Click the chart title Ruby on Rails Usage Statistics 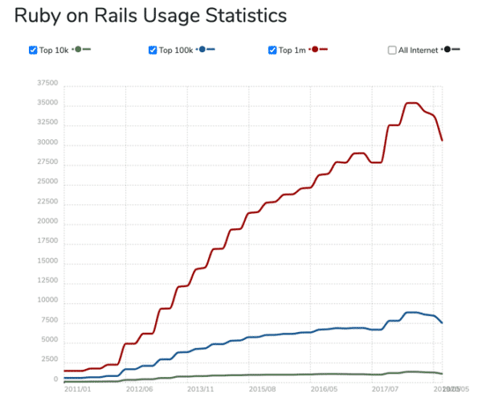151,15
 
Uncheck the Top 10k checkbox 33,50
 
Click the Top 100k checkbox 153,50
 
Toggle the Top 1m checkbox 273,50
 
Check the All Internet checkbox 392,50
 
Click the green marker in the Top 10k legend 78,50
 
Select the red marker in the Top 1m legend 315,50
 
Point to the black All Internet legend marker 447,50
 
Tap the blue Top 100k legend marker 202,50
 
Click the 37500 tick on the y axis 47,84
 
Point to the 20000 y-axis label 47,221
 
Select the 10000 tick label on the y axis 47,300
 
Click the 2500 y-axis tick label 49,359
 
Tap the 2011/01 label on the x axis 77,388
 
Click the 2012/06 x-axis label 140,388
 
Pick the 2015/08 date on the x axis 263,388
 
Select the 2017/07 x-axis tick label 387,388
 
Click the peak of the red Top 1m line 411,103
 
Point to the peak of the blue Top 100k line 411,312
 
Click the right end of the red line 442,141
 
